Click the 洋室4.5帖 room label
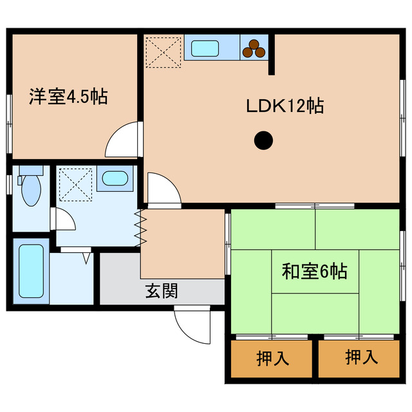point(68,98)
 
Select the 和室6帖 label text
point(314,272)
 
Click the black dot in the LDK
point(263,140)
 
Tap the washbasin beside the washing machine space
point(115,178)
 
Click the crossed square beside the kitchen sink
point(163,51)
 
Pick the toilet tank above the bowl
point(30,171)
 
